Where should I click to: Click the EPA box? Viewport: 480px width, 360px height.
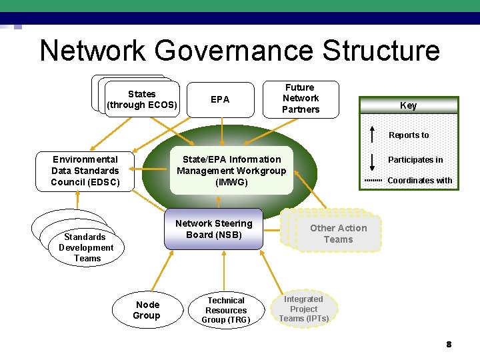coord(220,100)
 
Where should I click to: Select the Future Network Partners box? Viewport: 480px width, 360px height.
coord(300,99)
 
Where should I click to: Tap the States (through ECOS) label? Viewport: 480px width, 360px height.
coord(141,99)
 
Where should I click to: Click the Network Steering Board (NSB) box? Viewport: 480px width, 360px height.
coord(213,229)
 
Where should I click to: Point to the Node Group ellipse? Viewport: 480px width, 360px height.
coord(147,310)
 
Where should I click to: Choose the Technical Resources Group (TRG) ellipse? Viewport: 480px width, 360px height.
coord(226,310)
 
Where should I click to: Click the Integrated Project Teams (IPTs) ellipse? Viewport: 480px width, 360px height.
coord(304,309)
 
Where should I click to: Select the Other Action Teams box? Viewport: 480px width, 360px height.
coord(338,234)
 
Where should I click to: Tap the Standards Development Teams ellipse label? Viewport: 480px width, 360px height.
coord(85,247)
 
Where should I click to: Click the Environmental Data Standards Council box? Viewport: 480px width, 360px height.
coord(85,171)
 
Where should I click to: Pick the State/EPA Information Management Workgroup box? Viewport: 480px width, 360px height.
coord(231,171)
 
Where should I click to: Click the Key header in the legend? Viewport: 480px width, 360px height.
coord(408,105)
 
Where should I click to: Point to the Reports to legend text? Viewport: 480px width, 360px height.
coord(409,135)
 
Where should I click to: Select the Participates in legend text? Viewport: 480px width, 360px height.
coord(415,160)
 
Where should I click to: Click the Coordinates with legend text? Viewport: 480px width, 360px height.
coord(419,181)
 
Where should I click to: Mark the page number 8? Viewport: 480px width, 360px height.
coord(449,345)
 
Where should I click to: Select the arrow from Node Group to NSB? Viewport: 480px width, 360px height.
coord(159,270)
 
